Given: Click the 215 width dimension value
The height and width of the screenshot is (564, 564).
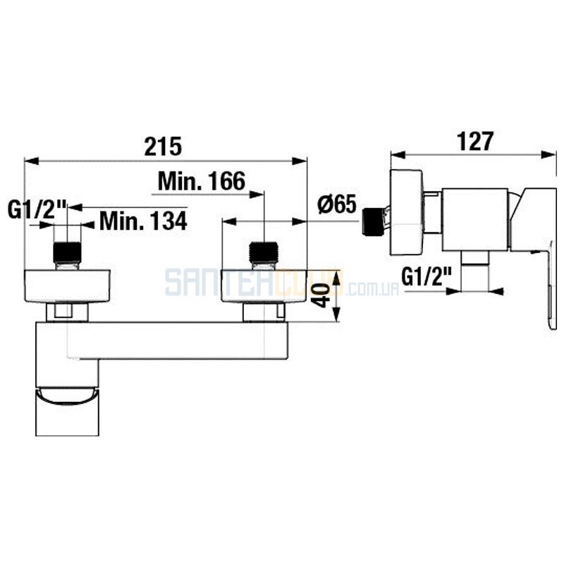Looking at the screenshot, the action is click(x=164, y=147).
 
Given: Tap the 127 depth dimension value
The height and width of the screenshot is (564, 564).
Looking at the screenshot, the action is click(x=475, y=142).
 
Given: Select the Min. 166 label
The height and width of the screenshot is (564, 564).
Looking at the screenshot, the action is click(x=202, y=181).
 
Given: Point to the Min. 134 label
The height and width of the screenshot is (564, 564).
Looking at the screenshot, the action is click(x=143, y=221).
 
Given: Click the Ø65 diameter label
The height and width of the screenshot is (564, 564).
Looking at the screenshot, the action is click(x=337, y=204).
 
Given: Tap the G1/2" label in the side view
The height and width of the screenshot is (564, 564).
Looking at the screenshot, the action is click(x=427, y=277).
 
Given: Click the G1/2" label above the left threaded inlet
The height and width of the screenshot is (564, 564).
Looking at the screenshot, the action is click(x=37, y=209).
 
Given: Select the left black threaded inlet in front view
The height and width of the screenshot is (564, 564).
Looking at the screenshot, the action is click(x=67, y=253).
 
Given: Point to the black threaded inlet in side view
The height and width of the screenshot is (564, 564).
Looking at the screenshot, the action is click(x=374, y=222).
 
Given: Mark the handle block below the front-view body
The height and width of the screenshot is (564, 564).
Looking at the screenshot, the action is click(x=67, y=411).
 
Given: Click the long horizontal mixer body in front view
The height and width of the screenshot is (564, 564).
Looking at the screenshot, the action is click(x=162, y=341).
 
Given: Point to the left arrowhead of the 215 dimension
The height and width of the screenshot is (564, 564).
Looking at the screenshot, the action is click(x=31, y=161).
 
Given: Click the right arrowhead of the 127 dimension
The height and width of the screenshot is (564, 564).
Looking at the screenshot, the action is click(x=549, y=154).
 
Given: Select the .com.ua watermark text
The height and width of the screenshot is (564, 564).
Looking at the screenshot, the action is click(x=373, y=289).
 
